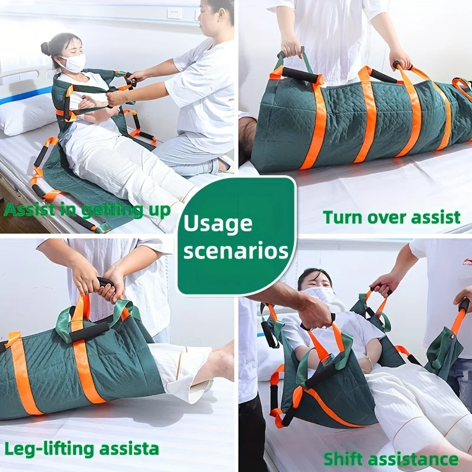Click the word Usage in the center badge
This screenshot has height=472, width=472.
(218, 223)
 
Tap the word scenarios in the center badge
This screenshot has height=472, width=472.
(236, 250)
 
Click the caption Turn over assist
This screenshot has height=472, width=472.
(391, 217)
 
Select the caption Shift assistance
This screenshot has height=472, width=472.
(391, 459)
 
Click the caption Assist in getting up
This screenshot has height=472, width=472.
(87, 209)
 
